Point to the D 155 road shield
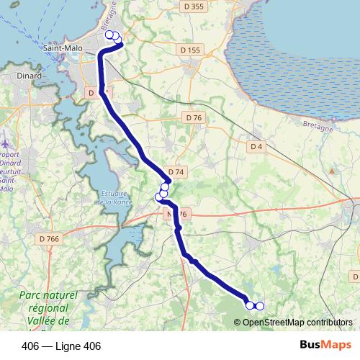[x=189, y=50]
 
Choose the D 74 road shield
[x=176, y=172]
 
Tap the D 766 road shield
[x=50, y=238]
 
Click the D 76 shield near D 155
[x=193, y=117]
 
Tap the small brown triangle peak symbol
[x=331, y=171]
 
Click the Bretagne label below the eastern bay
[x=318, y=125]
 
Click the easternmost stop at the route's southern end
[x=260, y=306]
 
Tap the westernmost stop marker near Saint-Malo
[x=109, y=35]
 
